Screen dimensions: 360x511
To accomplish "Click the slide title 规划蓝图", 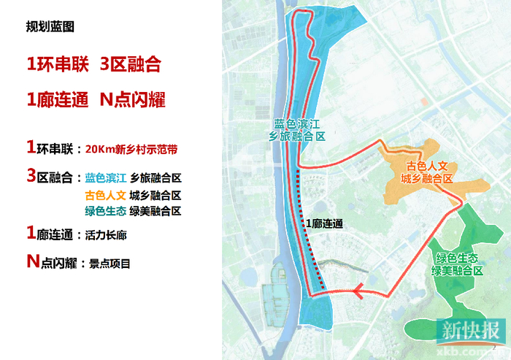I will click(x=50, y=28).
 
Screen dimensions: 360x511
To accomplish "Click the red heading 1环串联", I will click(x=58, y=64).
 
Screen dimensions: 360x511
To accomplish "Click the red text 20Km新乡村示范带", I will click(x=131, y=149).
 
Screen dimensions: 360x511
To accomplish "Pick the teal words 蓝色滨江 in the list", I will click(x=106, y=177).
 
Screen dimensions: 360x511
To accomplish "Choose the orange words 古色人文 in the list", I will click(x=106, y=195).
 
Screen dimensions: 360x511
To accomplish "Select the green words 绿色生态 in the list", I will click(x=106, y=212).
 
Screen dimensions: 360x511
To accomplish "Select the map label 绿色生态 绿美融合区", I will click(x=458, y=264).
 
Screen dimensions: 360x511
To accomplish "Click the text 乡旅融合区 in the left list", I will click(x=155, y=177).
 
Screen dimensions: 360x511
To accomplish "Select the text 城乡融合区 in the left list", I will click(x=155, y=195).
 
